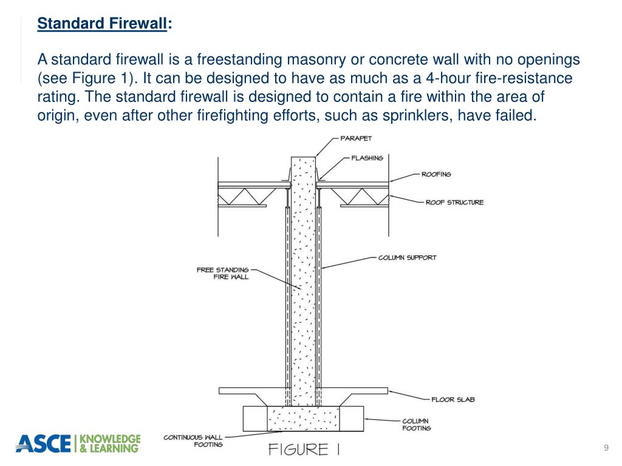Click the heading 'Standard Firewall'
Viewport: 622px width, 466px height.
point(101,24)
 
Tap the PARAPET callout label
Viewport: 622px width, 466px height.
point(356,138)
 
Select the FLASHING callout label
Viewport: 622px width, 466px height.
point(367,158)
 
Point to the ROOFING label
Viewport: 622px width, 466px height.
point(436,174)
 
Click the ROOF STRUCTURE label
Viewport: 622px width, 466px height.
point(454,202)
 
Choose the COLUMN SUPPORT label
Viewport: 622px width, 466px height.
point(407,257)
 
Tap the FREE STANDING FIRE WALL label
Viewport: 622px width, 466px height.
point(222,273)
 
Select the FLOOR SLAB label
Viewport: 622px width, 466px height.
point(453,399)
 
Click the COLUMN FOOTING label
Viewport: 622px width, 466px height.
point(416,424)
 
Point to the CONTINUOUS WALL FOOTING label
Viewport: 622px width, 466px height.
point(193,441)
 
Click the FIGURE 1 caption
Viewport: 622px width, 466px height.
point(304,450)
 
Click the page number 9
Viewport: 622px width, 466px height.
point(606,448)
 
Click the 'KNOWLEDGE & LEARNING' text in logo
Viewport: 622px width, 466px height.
point(111,444)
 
